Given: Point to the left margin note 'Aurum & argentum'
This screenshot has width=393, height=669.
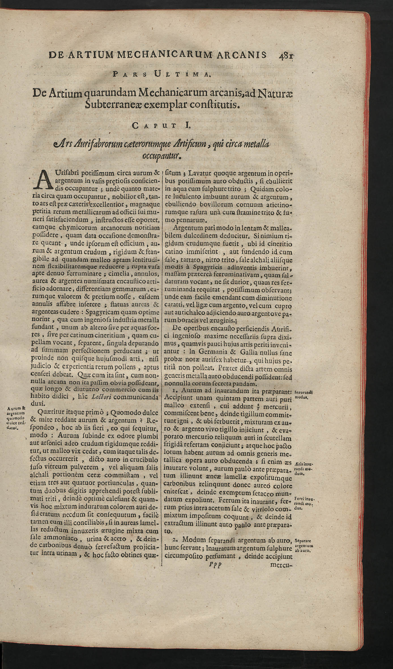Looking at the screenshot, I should pos(16,418).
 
